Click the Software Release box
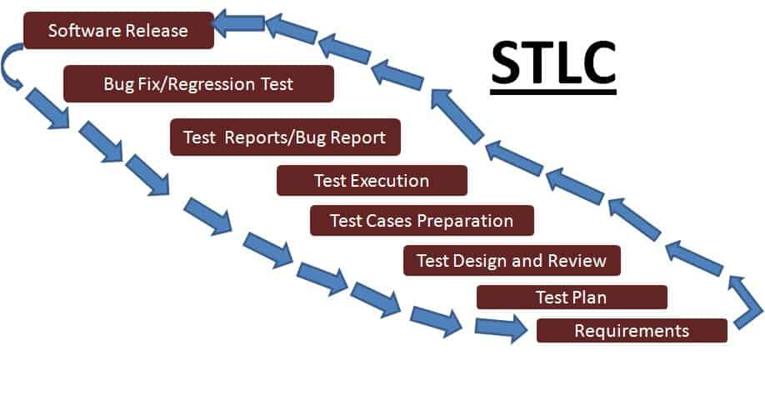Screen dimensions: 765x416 point(118,30)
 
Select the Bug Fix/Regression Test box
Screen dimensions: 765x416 point(198,83)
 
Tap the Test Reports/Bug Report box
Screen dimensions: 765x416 point(285,138)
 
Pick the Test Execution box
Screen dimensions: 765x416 point(372,181)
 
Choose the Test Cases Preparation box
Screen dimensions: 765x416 point(422,221)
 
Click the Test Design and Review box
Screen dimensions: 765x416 point(512,261)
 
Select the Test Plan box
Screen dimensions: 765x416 point(572,298)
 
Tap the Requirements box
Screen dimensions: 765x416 point(632,331)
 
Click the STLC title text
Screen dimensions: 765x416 point(553,63)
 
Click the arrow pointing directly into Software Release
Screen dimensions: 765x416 point(239,23)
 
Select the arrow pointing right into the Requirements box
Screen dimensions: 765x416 point(501,328)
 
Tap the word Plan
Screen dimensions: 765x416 point(589,298)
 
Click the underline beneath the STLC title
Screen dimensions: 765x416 point(553,91)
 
